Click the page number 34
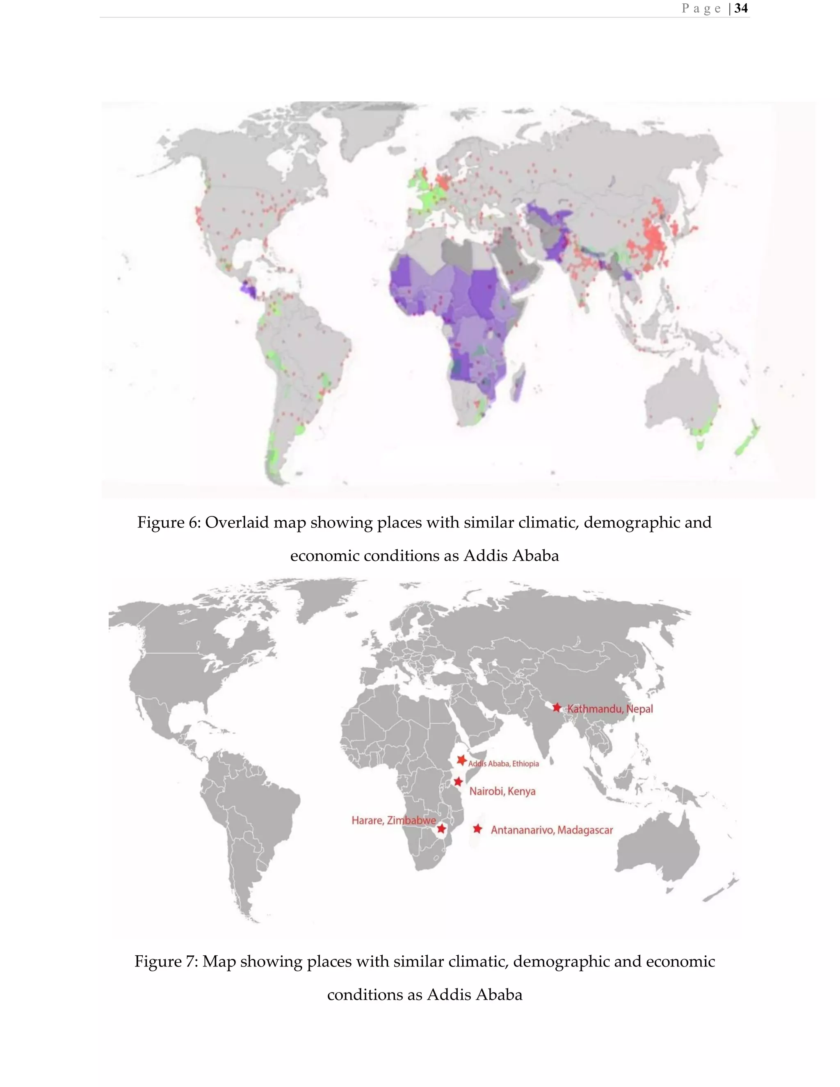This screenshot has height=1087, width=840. pos(741,9)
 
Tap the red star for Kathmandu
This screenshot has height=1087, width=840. pos(557,707)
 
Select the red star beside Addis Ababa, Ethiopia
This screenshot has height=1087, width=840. pos(462,760)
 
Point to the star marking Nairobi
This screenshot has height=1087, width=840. pos(458,781)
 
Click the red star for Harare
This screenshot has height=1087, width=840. pos(441,829)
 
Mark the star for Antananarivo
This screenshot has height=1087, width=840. pos(478,829)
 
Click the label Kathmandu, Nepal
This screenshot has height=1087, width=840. pos(610,709)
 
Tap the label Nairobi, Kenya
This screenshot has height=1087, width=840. pos(502,791)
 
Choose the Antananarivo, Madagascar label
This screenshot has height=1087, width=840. pos(552,830)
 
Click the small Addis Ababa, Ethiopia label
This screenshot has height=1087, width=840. pos(504,763)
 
